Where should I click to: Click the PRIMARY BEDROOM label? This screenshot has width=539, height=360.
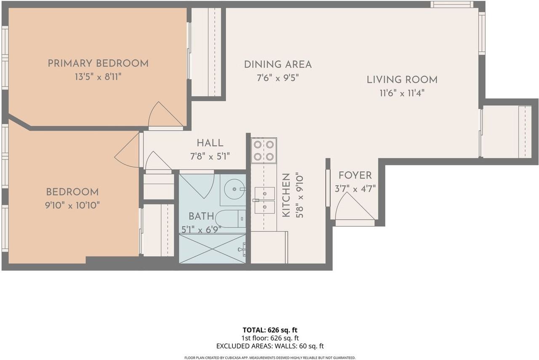click(98, 64)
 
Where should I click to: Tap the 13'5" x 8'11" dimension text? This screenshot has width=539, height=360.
click(98, 77)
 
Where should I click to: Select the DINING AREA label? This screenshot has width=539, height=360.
click(278, 64)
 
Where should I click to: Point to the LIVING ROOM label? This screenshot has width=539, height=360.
click(402, 80)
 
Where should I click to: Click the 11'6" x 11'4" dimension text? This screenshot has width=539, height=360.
click(402, 93)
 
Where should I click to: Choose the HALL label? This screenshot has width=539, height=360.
click(210, 143)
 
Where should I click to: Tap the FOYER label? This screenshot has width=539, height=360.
click(355, 176)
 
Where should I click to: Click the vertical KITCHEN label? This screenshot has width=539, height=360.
click(286, 195)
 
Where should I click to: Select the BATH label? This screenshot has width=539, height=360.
click(201, 216)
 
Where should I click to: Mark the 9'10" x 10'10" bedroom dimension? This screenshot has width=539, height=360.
click(72, 205)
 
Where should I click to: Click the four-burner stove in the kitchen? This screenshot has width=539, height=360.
click(264, 151)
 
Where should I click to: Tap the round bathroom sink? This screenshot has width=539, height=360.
click(234, 189)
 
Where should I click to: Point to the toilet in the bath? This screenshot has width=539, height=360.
click(230, 219)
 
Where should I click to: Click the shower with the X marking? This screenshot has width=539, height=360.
click(213, 248)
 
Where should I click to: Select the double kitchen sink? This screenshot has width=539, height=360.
click(265, 200)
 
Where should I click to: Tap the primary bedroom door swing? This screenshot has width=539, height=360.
click(165, 114)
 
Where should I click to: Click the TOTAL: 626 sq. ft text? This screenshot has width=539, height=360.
click(270, 330)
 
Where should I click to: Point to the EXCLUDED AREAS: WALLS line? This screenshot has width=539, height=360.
click(270, 346)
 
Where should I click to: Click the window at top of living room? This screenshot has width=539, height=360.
click(452, 4)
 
